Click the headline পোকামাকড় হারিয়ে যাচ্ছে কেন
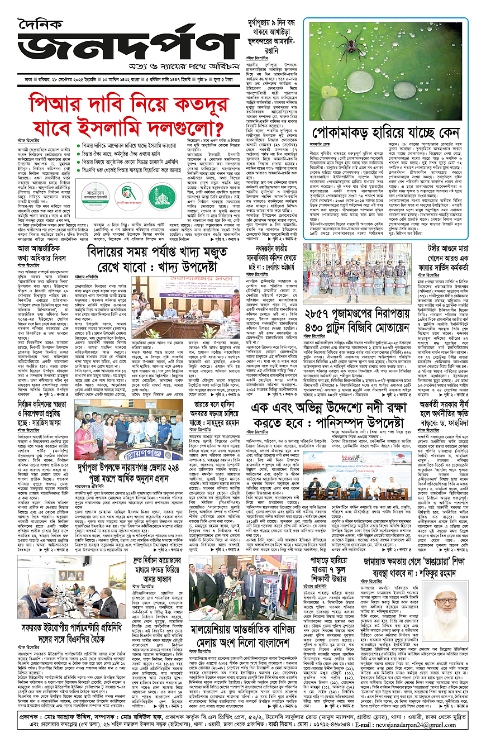383,135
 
